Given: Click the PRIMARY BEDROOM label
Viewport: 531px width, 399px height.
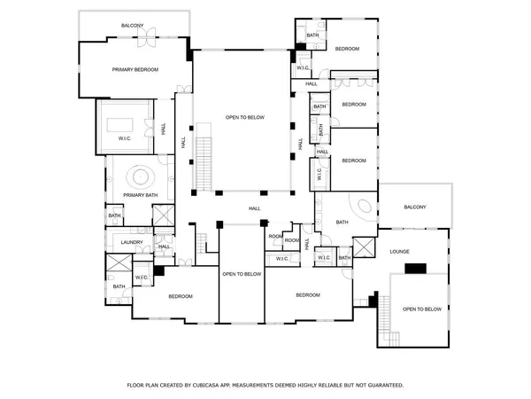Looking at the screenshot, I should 135,69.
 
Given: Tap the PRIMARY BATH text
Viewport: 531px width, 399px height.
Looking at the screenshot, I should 140,194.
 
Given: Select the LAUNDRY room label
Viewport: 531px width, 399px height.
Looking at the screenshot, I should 120,240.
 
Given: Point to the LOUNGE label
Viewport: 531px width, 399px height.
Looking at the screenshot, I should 399,252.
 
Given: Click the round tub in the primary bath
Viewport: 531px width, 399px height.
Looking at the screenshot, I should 140,175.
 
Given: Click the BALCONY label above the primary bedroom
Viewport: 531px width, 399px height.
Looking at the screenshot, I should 134,26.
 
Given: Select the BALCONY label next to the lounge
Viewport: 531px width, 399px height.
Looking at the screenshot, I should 415,207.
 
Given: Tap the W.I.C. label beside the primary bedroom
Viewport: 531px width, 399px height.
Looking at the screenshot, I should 125,138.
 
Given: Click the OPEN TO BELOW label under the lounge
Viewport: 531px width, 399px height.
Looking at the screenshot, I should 421,309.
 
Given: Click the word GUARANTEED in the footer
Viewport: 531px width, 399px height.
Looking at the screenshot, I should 382,385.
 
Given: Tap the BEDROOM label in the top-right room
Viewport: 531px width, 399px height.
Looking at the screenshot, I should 347,48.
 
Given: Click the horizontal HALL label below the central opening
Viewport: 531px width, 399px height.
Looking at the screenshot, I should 254,208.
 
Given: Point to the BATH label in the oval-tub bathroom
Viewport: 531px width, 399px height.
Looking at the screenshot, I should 342,223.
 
